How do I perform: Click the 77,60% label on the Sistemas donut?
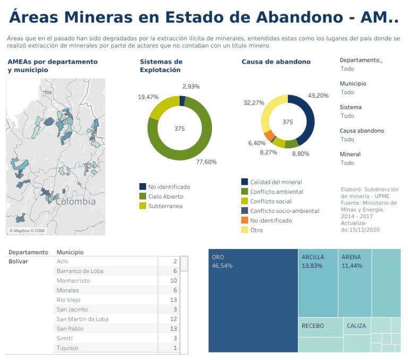(x=206, y=162)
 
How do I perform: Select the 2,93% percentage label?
(x=191, y=87)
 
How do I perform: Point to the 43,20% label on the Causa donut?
(x=318, y=96)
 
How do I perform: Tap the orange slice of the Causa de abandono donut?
(x=270, y=136)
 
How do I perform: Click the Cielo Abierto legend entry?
(x=165, y=196)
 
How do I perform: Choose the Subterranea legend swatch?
(x=143, y=206)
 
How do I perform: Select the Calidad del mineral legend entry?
(x=276, y=182)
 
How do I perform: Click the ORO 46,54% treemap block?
(x=253, y=300)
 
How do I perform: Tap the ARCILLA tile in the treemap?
(x=318, y=282)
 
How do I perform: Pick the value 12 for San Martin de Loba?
(x=173, y=319)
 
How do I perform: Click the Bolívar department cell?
(x=19, y=261)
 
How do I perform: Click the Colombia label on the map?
(x=76, y=202)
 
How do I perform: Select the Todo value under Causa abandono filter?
(x=347, y=139)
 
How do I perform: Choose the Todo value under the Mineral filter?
(x=347, y=163)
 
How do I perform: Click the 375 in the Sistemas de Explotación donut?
(x=180, y=129)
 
